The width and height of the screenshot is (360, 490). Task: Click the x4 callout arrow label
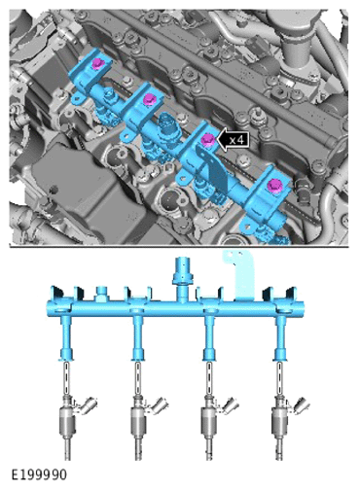(x=234, y=140)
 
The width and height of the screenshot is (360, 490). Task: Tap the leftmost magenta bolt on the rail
(x=97, y=63)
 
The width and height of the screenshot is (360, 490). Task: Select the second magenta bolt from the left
(x=150, y=99)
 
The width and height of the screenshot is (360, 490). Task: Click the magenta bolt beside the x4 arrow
(x=207, y=140)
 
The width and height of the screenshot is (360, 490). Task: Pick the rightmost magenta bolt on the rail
(x=275, y=186)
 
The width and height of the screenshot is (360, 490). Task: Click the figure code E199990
(x=39, y=474)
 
